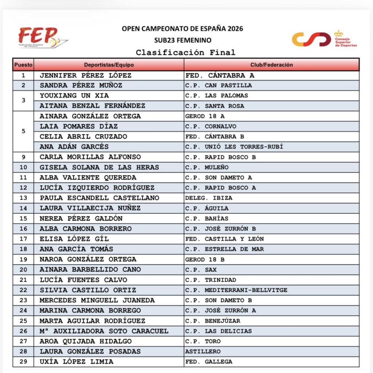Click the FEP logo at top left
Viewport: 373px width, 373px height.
pos(43,38)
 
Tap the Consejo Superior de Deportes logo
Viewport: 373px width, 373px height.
pos(324,39)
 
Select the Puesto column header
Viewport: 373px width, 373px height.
pos(23,65)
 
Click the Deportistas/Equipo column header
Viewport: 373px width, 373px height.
pos(109,65)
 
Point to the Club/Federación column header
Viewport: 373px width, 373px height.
pos(271,65)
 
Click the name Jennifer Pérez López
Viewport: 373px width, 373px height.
pos(85,76)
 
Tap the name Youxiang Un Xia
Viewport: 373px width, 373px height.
pos(74,95)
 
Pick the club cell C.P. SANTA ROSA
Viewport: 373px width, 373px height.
pos(215,106)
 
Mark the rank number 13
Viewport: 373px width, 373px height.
pos(23,198)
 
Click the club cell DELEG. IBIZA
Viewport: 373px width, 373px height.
pos(209,198)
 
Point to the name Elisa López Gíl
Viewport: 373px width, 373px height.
pos(74,239)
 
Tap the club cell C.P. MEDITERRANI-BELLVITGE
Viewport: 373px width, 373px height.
pos(236,290)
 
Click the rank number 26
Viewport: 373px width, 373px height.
pos(23,331)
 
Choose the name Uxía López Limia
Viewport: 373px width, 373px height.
pos(76,362)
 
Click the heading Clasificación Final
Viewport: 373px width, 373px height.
pos(186,52)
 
